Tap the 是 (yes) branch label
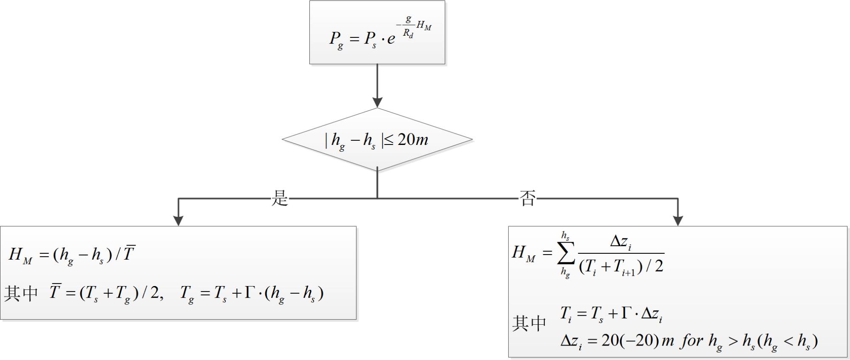coord(280,198)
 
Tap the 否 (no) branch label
coord(527,198)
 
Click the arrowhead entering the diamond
coord(377,102)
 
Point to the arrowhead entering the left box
coord(178,220)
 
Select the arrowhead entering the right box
coord(678,220)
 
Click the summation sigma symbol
coord(566,254)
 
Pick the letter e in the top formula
coord(391,39)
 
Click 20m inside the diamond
coord(412,139)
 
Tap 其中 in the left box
coord(21,293)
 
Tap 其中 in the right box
coord(529,323)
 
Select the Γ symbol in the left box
coord(250,292)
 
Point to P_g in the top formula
coord(336,40)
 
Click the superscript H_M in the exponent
coord(424,26)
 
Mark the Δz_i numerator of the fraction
coord(620,242)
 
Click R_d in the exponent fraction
coord(408,33)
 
